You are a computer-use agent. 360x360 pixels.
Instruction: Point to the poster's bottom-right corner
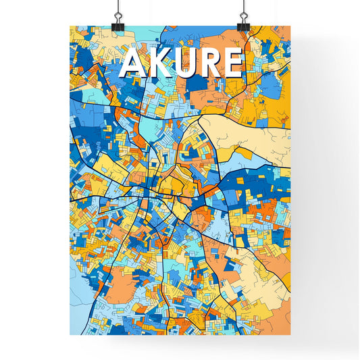coord(290,335)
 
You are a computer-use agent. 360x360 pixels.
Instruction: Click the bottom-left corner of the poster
coord(70,335)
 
